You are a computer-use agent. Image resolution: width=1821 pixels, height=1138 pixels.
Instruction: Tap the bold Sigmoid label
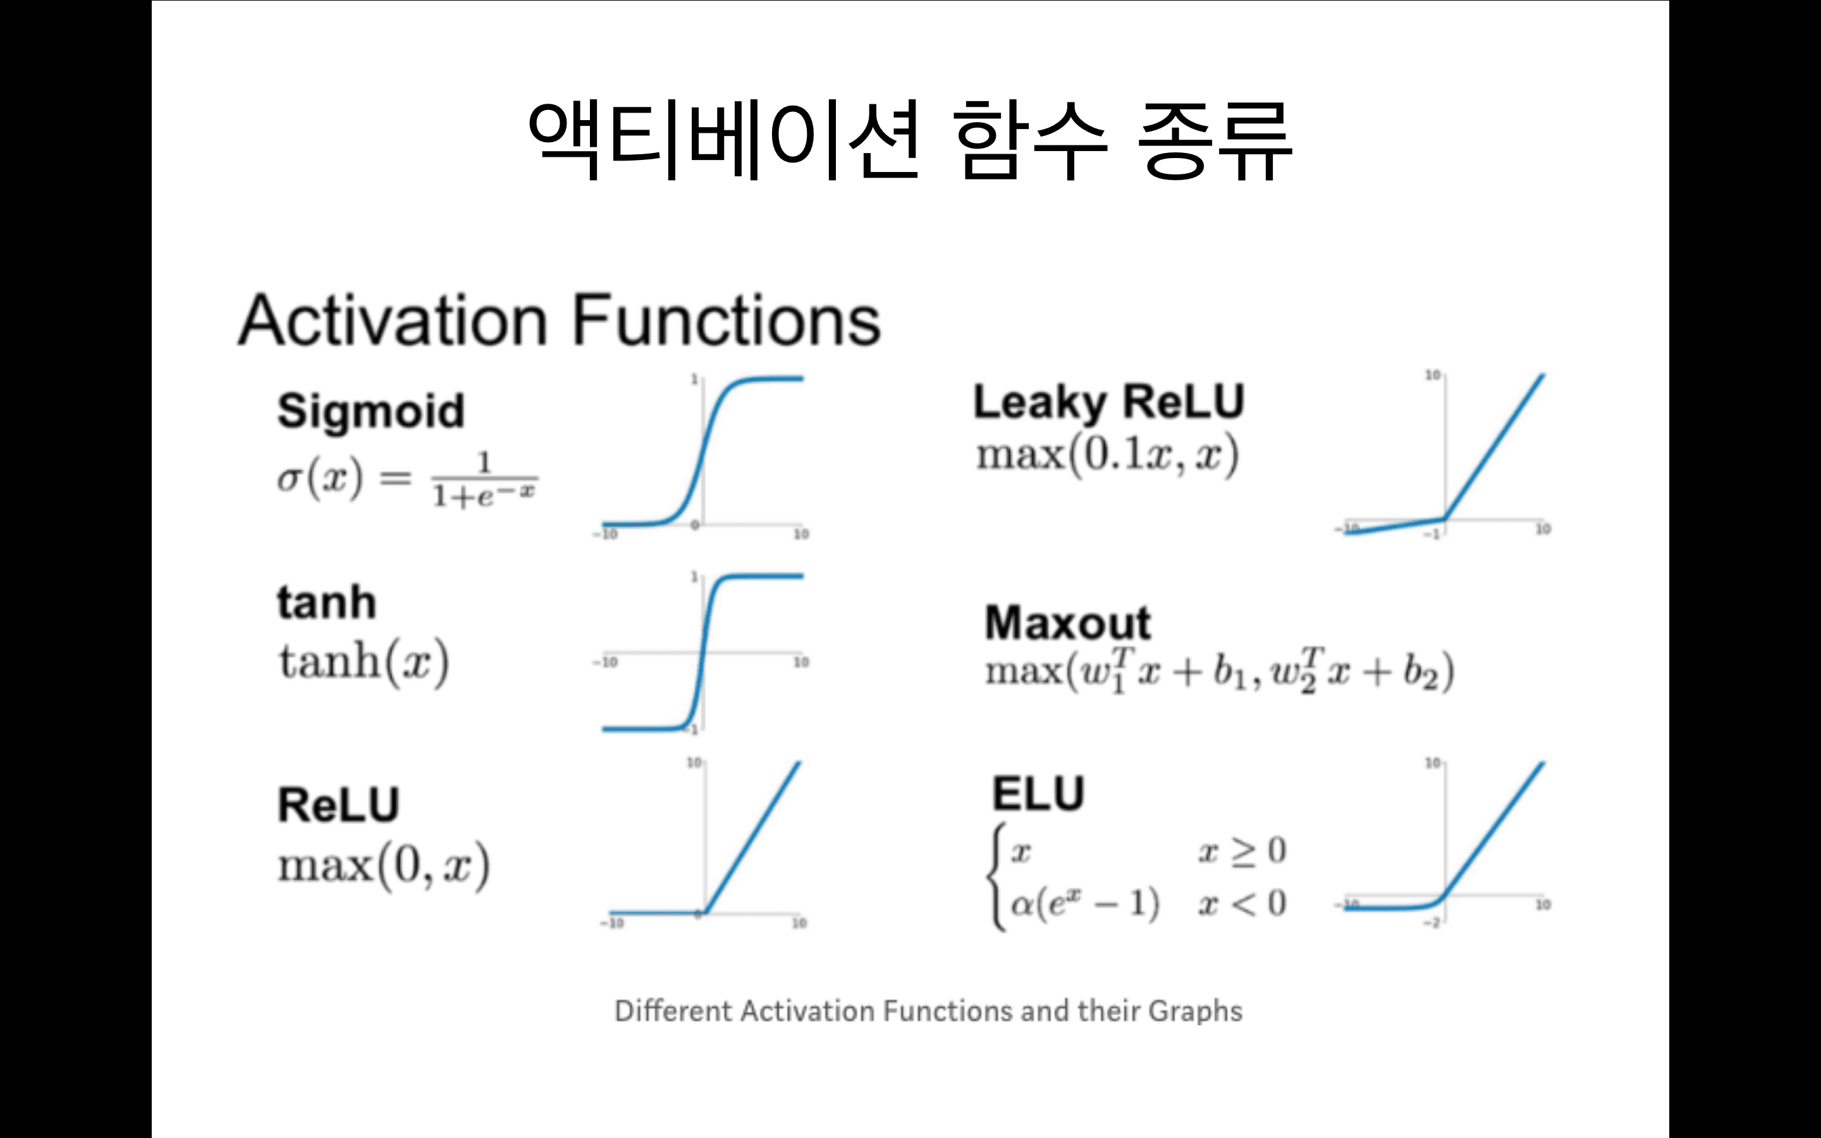click(371, 411)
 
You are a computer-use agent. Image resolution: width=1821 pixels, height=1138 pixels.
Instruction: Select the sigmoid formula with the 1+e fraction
click(407, 479)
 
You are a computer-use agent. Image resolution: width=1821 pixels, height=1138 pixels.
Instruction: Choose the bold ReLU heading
click(339, 805)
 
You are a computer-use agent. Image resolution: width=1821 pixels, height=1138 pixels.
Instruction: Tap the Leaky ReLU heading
click(1108, 402)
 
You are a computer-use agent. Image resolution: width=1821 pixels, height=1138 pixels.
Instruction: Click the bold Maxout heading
click(1068, 623)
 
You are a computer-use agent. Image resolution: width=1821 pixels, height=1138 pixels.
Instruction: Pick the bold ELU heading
click(1038, 794)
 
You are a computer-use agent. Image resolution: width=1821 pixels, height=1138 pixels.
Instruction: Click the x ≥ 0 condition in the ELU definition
click(1242, 851)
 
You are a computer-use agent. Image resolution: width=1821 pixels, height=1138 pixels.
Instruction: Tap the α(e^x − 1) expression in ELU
click(1084, 903)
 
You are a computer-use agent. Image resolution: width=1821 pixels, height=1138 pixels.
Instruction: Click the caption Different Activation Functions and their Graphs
click(928, 1011)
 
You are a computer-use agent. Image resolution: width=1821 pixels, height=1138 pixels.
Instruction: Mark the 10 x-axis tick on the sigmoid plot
click(801, 534)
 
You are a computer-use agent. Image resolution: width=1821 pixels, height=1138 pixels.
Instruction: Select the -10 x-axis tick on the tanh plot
click(605, 663)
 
